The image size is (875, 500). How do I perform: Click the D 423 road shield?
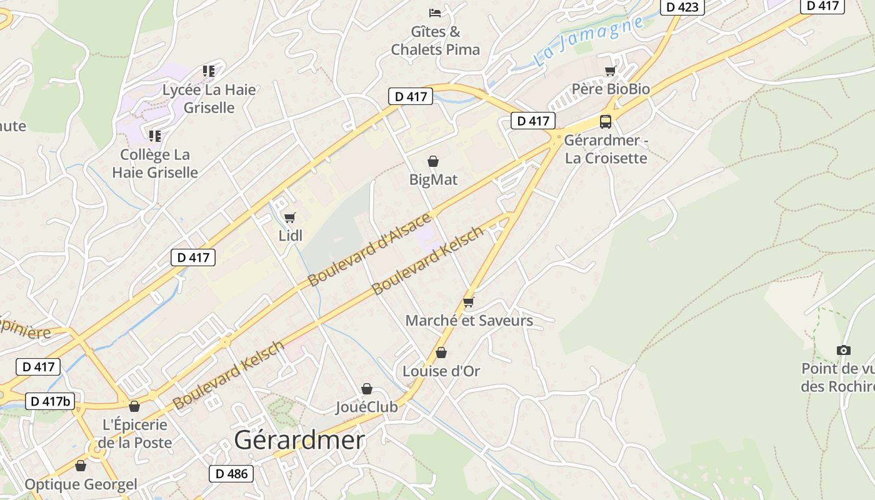coord(682,7)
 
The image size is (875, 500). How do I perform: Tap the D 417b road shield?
coord(50,401)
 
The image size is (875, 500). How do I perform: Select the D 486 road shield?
coord(231,474)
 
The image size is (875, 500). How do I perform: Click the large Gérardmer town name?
coord(299,441)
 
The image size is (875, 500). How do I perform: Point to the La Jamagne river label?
coord(588,41)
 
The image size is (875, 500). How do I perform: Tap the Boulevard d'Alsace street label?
coord(370,249)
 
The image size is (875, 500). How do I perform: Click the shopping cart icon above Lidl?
coord(289,217)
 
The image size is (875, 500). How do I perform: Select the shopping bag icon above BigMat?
coord(432,162)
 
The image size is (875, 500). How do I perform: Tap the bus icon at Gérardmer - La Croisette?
coord(605,121)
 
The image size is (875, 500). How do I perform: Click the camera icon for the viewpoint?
coord(843,350)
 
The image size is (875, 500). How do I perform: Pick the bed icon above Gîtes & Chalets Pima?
coord(435,12)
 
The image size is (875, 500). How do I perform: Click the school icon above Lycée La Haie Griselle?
coord(209,71)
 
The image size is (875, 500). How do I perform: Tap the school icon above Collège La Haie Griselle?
coord(155,136)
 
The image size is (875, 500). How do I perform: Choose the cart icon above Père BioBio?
coord(611,71)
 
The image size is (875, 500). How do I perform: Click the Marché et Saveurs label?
coord(469,321)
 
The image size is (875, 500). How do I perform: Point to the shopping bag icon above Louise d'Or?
coord(441,353)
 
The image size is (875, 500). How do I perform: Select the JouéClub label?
coord(366,407)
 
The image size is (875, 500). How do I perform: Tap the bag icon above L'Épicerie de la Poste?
coord(134,407)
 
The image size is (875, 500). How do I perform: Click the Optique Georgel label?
coord(81,484)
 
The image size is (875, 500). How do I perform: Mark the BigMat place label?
coord(433,180)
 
